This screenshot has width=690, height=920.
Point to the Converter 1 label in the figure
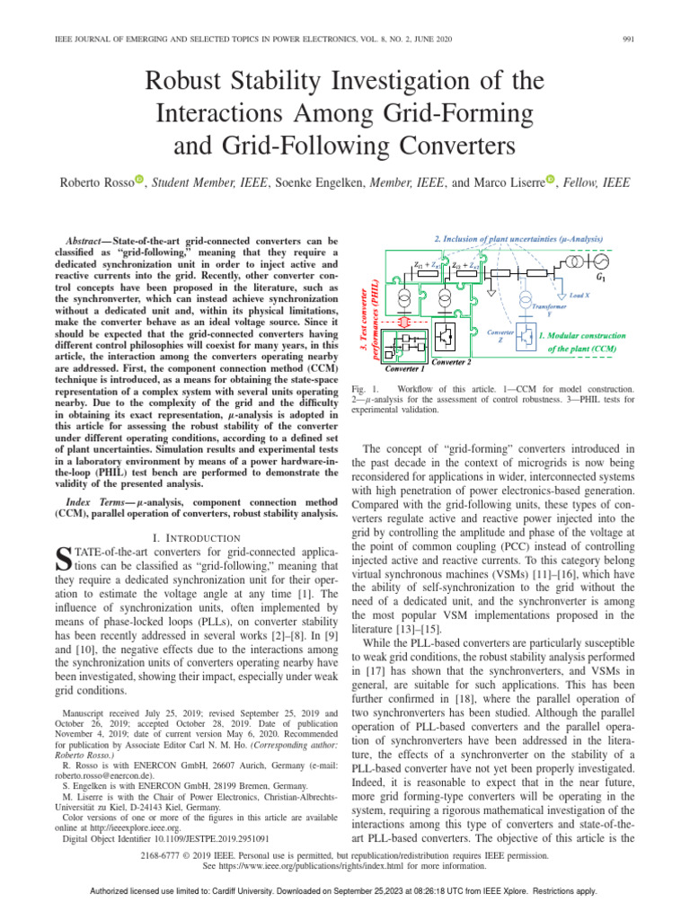(x=405, y=368)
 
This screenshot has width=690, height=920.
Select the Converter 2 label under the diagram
(x=453, y=362)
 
